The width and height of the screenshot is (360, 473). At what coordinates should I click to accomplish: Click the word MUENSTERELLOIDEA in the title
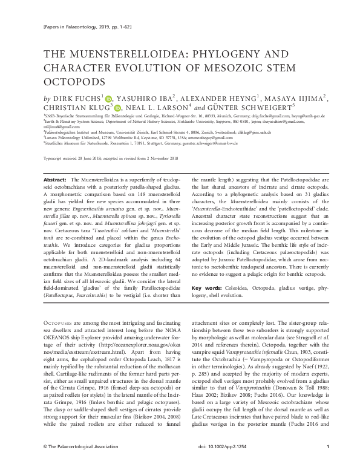coord(116,54)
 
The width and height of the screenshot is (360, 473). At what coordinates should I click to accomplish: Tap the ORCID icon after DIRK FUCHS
coord(110,97)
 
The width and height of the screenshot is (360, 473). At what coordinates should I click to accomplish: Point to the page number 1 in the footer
coord(327,463)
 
